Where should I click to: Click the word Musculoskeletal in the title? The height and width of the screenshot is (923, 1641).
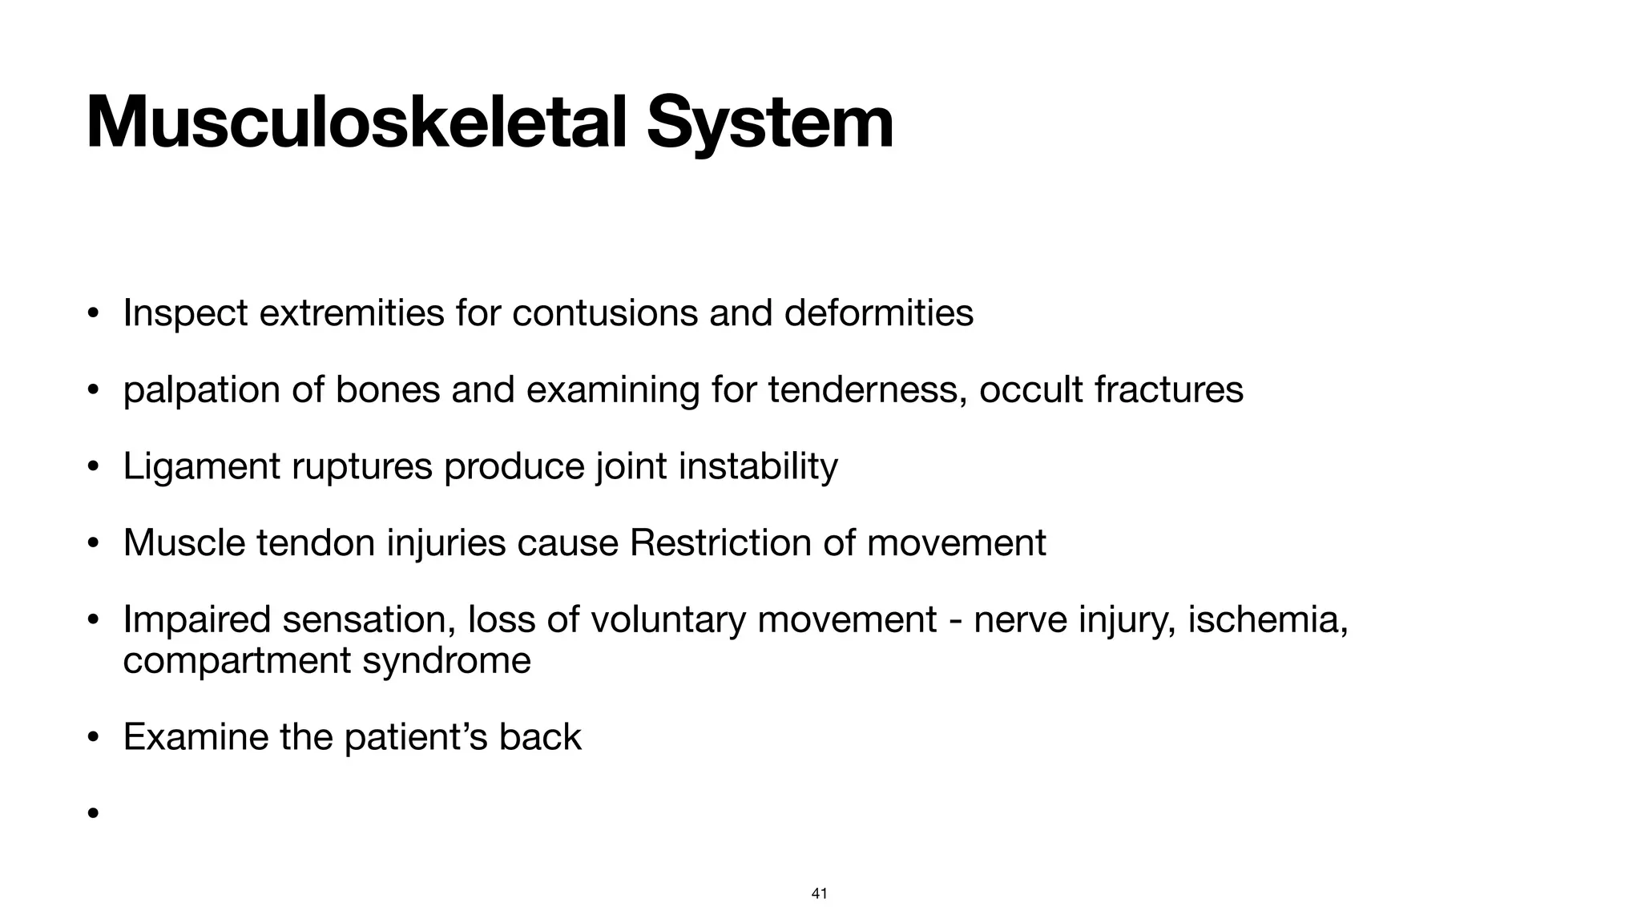pos(357,123)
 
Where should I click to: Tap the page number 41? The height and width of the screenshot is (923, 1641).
pos(820,893)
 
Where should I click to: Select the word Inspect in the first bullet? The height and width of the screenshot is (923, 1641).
pos(185,312)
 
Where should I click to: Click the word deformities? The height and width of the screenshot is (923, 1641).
pos(878,312)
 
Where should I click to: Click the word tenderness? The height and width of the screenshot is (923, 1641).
pos(867,390)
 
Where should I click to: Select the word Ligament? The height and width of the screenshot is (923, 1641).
pos(201,466)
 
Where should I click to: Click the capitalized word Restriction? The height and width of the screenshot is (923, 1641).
pos(720,543)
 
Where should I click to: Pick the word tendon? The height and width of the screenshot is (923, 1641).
pos(316,543)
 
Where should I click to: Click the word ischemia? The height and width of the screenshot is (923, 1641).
pos(1268,620)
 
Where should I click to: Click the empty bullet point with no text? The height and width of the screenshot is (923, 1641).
pos(93,814)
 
